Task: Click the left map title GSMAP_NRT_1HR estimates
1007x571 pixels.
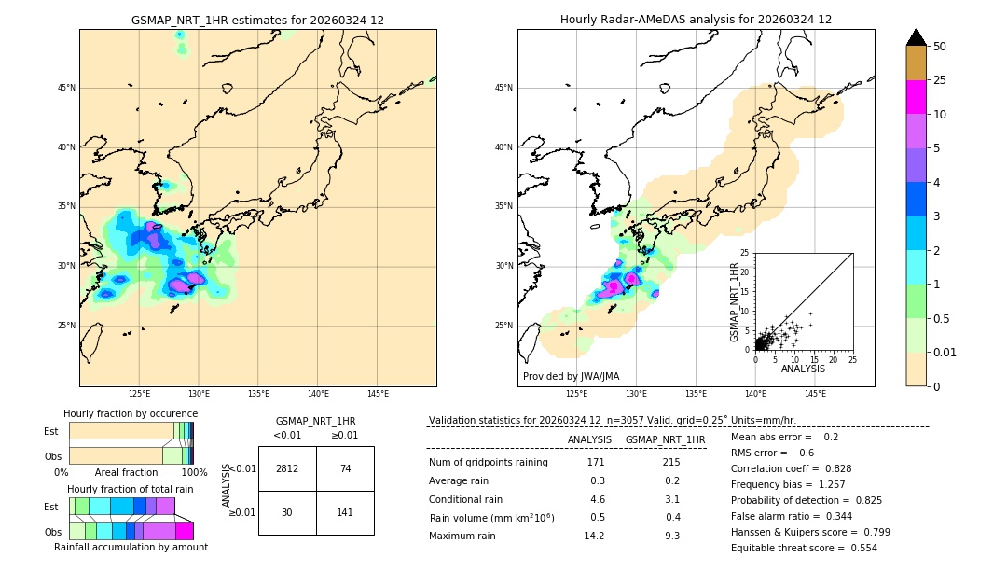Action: click(257, 20)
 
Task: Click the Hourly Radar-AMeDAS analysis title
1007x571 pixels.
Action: click(696, 20)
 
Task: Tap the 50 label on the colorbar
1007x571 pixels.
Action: click(940, 47)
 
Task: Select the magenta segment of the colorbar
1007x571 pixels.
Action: click(917, 97)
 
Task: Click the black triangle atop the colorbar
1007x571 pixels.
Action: click(917, 37)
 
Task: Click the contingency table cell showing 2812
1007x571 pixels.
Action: click(287, 468)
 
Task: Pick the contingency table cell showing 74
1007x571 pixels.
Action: click(345, 468)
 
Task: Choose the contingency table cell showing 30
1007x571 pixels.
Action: click(287, 512)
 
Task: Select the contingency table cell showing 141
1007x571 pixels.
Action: click(345, 512)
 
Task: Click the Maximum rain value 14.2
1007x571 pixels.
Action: click(594, 536)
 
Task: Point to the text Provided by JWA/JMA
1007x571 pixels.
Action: click(571, 376)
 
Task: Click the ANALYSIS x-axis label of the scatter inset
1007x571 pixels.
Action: click(803, 369)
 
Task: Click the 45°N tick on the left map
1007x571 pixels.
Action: click(66, 88)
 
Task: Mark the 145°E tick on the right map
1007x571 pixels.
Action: click(815, 394)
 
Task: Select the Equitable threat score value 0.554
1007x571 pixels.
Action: click(858, 548)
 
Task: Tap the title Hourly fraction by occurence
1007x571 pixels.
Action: click(131, 413)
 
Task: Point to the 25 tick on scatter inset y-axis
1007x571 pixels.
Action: click(744, 253)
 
